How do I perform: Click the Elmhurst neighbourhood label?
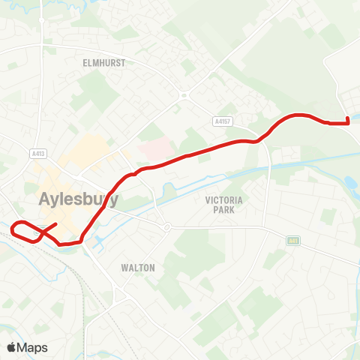pos(104,64)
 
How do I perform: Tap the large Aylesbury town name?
pos(78,199)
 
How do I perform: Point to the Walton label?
pos(138,267)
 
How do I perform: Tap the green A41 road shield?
pos(292,240)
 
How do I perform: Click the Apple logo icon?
pos(12,347)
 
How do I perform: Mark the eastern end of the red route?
pos(349,121)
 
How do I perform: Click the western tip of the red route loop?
pos(13,226)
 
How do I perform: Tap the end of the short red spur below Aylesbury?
pos(57,224)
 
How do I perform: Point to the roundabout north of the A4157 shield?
pos(183,94)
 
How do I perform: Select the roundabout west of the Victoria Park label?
pos(166,226)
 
